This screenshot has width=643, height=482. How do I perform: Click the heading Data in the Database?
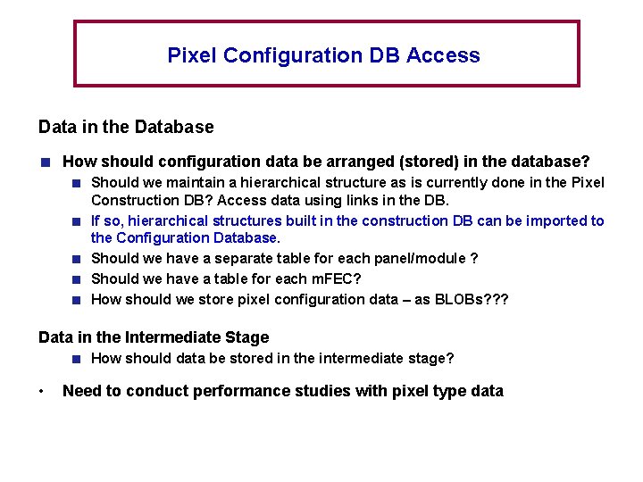click(x=126, y=127)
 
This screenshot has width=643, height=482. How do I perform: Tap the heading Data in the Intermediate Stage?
click(x=154, y=337)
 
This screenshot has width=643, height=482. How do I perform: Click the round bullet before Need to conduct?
click(x=42, y=391)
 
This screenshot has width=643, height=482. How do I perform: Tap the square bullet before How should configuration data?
click(x=43, y=162)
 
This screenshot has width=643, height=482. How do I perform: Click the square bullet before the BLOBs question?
click(x=78, y=300)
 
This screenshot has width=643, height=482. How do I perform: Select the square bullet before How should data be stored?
click(x=78, y=359)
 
